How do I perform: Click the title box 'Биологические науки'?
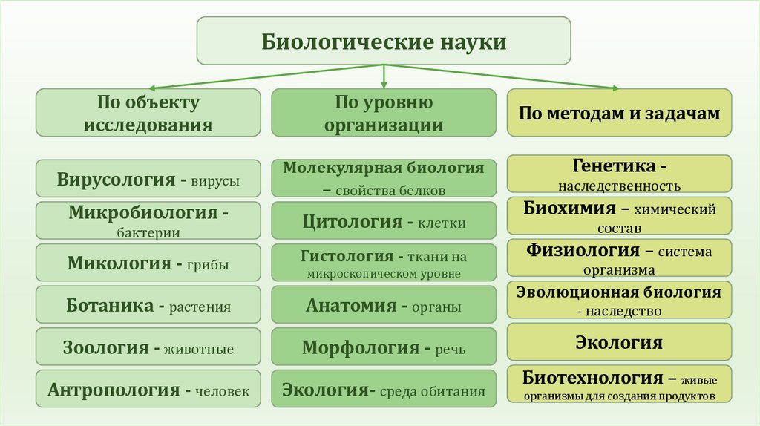pos(383,41)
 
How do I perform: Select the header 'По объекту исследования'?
pos(148,113)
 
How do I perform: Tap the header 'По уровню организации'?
pos(383,113)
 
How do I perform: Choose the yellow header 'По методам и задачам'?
pos(619,113)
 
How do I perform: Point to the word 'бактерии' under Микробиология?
pos(148,232)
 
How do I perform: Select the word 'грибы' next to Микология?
pos(211,264)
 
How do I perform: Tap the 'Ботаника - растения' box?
pos(148,306)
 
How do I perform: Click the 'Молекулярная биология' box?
pos(383,178)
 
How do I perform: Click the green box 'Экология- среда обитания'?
pos(383,390)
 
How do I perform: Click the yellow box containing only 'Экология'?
pos(619,342)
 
